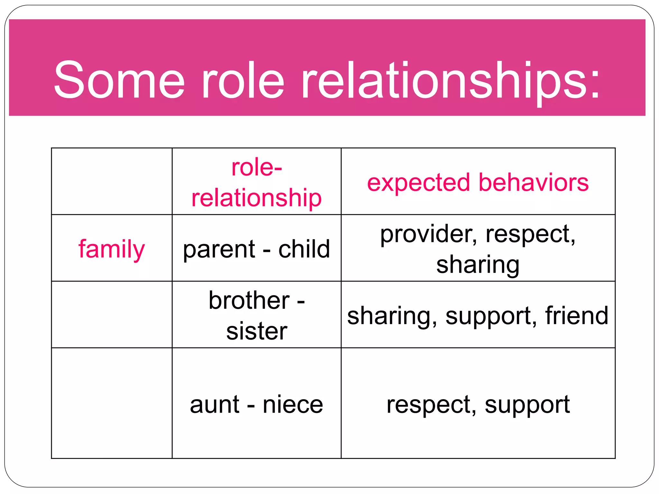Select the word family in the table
click(x=112, y=249)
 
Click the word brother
click(x=249, y=300)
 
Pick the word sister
click(x=256, y=331)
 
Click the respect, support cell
click(x=478, y=404)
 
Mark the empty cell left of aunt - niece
click(x=112, y=403)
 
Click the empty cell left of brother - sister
click(x=112, y=315)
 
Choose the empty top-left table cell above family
click(x=112, y=181)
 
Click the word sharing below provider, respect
click(x=478, y=265)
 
